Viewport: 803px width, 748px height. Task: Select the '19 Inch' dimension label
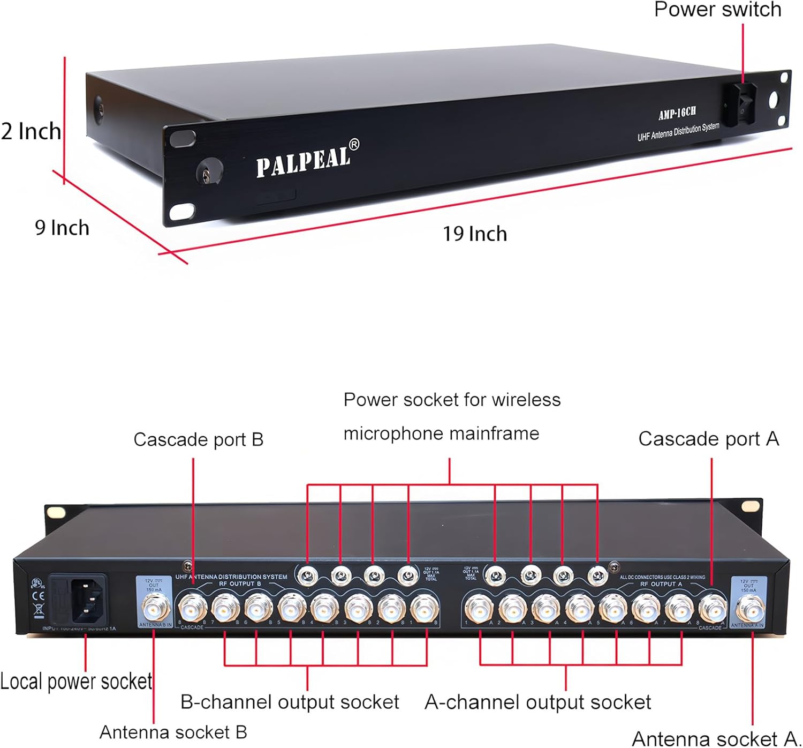click(474, 234)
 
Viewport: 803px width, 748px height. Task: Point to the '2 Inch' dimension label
click(31, 131)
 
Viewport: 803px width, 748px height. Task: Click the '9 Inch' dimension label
click(62, 228)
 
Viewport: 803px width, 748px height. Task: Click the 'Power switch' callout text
click(717, 10)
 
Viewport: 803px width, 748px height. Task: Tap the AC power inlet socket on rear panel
click(79, 599)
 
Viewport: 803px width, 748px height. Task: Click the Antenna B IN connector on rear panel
click(155, 607)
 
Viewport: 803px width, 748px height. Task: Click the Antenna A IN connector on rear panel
click(749, 608)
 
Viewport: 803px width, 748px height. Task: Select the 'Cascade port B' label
click(198, 439)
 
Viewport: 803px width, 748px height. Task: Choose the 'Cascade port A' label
click(708, 439)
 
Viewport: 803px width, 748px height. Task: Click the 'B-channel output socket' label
click(290, 702)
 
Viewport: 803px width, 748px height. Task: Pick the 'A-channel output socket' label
click(537, 702)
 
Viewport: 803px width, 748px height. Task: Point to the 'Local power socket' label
click(76, 682)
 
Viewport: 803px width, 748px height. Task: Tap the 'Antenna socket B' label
click(173, 732)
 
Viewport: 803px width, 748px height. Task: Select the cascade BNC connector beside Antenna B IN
click(192, 608)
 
